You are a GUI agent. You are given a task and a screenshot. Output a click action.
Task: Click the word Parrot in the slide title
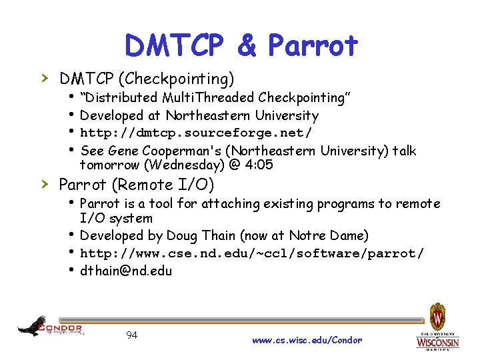click(313, 45)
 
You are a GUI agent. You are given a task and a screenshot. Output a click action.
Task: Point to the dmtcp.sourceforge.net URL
click(195, 133)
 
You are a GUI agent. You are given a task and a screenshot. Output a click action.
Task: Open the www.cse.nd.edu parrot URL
click(251, 253)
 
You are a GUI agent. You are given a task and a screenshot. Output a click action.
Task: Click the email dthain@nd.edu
click(126, 271)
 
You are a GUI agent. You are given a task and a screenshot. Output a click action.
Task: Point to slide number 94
click(131, 335)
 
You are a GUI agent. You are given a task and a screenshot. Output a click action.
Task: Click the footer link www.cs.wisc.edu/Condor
click(307, 340)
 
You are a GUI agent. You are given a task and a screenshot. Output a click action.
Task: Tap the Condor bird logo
click(32, 326)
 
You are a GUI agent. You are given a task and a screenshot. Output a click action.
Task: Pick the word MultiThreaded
click(215, 98)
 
